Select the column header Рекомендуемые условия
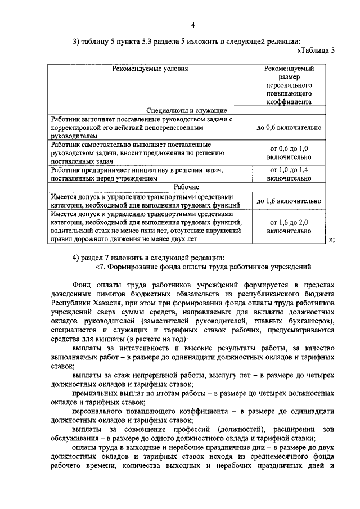point(149,68)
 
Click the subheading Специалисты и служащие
point(186,110)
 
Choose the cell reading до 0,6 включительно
point(289,128)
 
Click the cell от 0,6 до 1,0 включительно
point(289,152)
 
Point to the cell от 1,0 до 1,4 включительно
point(289,174)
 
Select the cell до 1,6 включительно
point(289,201)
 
